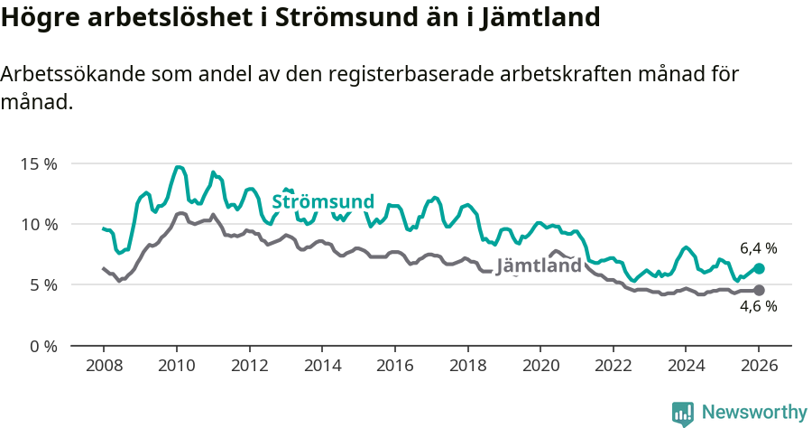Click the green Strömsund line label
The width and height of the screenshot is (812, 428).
(322, 201)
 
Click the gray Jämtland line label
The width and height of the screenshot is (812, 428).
(539, 266)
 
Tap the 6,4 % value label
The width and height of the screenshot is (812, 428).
(758, 247)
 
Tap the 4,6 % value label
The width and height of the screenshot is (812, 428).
(758, 306)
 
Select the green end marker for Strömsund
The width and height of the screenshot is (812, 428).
(759, 268)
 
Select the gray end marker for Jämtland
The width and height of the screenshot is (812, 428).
(759, 290)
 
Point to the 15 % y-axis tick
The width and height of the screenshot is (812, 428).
(39, 164)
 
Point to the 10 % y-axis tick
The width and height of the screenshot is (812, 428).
(39, 225)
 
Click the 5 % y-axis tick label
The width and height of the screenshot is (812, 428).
(43, 285)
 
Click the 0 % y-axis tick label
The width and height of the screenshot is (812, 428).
(43, 346)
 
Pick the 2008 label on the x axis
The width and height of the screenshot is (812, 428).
(104, 367)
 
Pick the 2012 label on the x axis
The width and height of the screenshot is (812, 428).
(249, 367)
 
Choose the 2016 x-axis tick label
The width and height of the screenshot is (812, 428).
(394, 367)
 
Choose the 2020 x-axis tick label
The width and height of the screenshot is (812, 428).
(540, 367)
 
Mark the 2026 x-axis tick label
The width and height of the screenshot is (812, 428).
(759, 367)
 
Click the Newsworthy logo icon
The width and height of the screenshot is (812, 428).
(683, 413)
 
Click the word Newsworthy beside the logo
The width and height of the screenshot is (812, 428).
(753, 413)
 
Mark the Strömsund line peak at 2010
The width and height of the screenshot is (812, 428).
(179, 167)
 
